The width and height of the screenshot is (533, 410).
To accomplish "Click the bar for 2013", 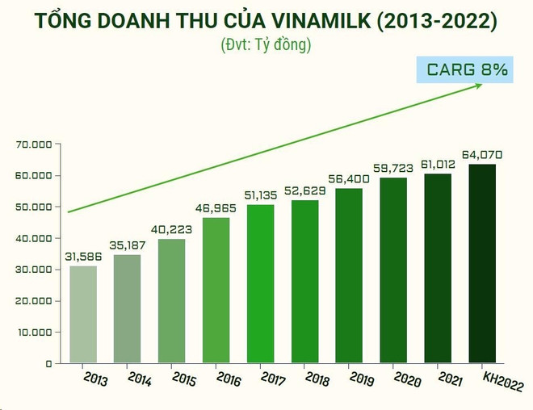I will (x=83, y=314).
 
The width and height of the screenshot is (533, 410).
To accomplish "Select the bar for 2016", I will (x=216, y=290).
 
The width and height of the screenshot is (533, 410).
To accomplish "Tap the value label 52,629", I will (x=305, y=191).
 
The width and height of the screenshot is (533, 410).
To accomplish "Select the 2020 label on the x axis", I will (x=405, y=379).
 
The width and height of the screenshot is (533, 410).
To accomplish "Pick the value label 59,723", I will (x=394, y=169).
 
